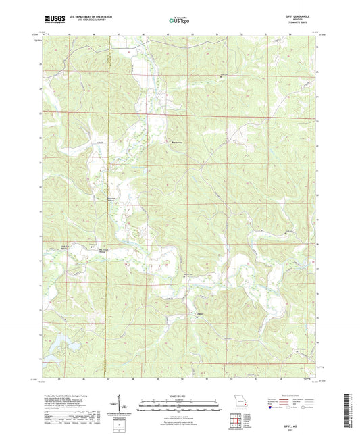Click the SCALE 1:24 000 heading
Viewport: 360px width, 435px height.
(179, 395)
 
